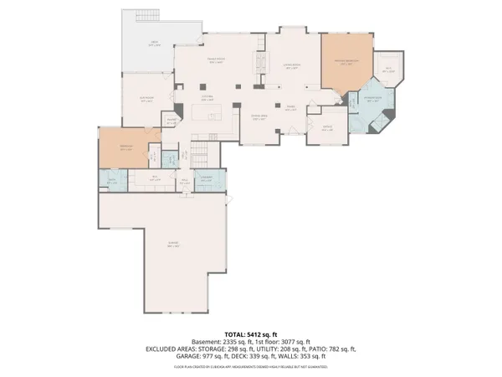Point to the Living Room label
[x=291, y=67]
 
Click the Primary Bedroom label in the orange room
[x=348, y=62]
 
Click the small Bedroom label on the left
[x=125, y=149]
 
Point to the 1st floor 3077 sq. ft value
[x=284, y=342]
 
